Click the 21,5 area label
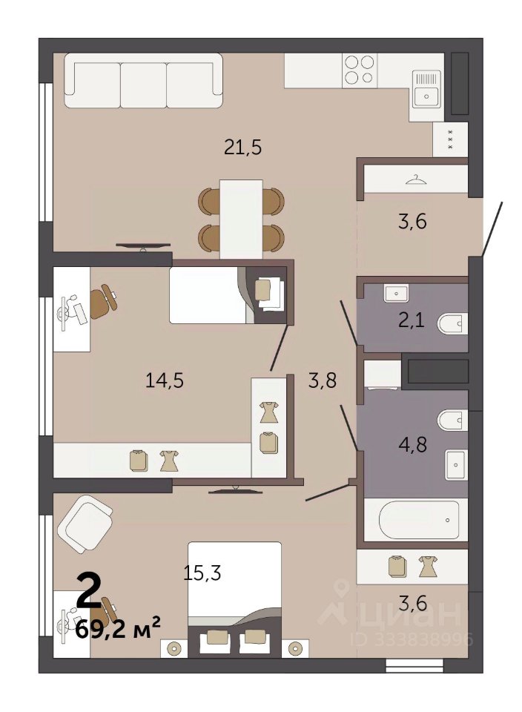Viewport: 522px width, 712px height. point(243,148)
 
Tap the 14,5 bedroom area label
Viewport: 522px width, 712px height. point(165,380)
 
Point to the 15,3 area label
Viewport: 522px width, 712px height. point(202,573)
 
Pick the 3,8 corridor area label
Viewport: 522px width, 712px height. point(323,380)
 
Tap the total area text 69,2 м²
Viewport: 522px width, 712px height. point(118,629)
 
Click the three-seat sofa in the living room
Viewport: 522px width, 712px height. point(143,80)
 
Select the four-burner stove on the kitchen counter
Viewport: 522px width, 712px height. point(359,70)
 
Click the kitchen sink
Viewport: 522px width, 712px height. point(426,88)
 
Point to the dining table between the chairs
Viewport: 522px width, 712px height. point(241,219)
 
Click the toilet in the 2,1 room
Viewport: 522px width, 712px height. point(452,324)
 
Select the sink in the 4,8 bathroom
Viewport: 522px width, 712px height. point(455,464)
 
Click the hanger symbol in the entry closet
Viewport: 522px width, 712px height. point(416,180)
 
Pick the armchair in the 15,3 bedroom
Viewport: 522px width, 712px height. point(85,524)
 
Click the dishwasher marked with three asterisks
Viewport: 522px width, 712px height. point(450,139)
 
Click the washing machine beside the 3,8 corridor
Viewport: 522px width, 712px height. point(383,375)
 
